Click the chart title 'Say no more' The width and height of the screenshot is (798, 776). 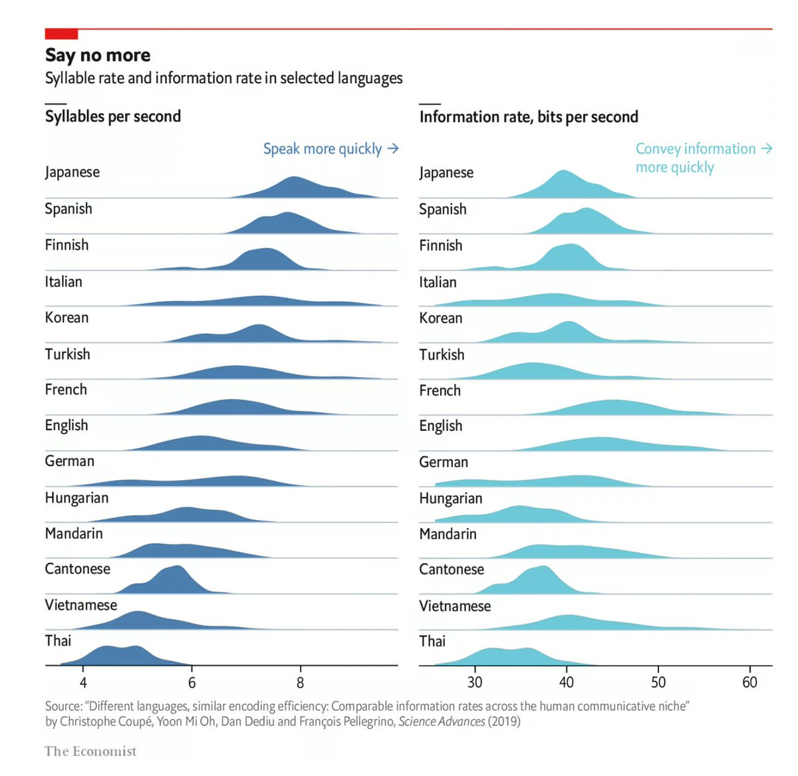98,55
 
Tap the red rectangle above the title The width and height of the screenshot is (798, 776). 61,34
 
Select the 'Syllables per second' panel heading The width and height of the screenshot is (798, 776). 113,116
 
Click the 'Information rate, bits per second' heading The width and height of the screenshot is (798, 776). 529,117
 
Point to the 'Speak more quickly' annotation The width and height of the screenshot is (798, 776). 323,149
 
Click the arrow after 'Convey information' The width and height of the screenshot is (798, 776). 766,148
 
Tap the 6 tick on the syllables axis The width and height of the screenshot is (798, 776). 192,682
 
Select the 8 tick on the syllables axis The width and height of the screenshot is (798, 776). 301,682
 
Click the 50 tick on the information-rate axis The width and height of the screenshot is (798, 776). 658,682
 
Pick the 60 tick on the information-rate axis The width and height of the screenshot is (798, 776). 749,682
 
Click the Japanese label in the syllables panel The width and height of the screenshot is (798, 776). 72,172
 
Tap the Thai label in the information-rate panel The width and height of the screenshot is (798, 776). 432,641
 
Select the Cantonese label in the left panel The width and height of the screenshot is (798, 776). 78,569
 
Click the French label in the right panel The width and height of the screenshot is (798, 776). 440,390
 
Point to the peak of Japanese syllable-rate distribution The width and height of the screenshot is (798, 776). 294,180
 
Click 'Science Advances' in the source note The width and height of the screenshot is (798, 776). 442,721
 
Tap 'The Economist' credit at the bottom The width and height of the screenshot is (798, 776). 90,751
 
